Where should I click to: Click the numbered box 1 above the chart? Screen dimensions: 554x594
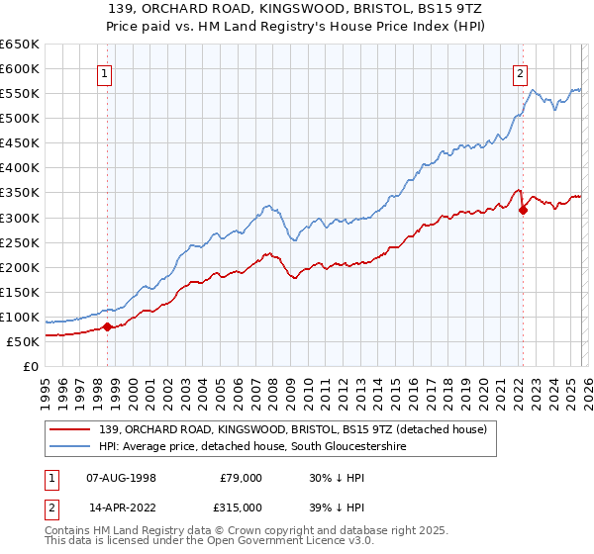click(105, 72)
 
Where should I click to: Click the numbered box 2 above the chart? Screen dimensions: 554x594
click(520, 72)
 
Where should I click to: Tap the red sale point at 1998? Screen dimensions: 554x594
click(107, 327)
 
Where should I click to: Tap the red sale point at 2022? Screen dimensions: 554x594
click(523, 210)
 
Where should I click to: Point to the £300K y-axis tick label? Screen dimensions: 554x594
click(21, 218)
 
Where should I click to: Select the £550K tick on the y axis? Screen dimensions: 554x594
click(21, 94)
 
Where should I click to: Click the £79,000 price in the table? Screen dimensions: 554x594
click(241, 477)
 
